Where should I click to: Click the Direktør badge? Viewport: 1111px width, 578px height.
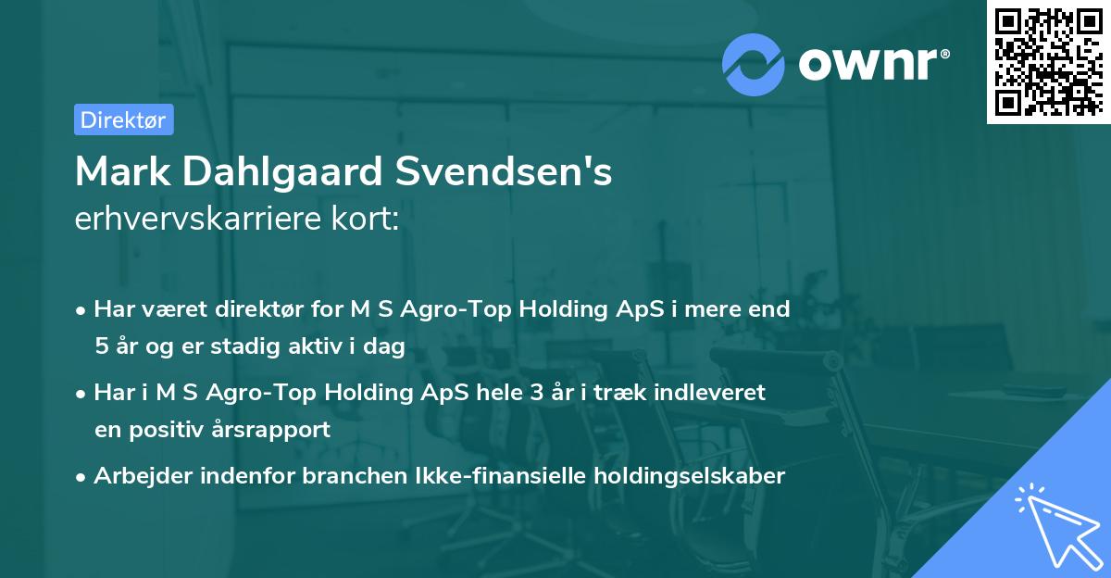(123, 119)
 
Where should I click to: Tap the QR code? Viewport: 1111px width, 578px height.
(1049, 62)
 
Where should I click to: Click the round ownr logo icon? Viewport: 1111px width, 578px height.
(754, 65)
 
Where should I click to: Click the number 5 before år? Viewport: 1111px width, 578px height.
(101, 346)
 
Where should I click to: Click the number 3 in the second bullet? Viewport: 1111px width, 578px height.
(536, 393)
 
